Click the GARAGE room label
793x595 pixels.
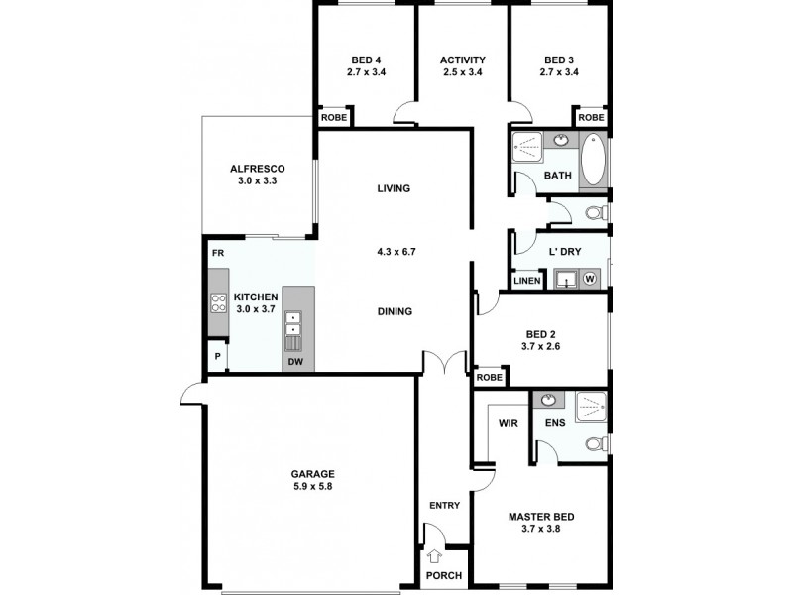pyautogui.click(x=312, y=474)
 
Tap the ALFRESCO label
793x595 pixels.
pyautogui.click(x=258, y=169)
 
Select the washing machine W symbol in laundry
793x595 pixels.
pyautogui.click(x=590, y=279)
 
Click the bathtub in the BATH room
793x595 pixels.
pyautogui.click(x=592, y=161)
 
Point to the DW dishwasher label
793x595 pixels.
pyautogui.click(x=294, y=362)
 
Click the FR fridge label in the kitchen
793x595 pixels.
pyautogui.click(x=216, y=254)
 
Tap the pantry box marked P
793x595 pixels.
pyautogui.click(x=216, y=356)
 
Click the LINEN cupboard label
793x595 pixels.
pyautogui.click(x=527, y=282)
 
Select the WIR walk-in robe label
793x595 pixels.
pyautogui.click(x=509, y=423)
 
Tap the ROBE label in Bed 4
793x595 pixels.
pyautogui.click(x=331, y=117)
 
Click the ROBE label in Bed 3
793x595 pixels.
pyautogui.click(x=591, y=117)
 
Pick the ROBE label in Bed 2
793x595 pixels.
pyautogui.click(x=490, y=377)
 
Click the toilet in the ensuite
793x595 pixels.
pyautogui.click(x=595, y=443)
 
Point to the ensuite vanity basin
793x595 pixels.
pyautogui.click(x=548, y=400)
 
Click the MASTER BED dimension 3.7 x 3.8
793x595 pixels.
pyautogui.click(x=542, y=532)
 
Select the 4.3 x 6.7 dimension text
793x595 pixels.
pyautogui.click(x=395, y=252)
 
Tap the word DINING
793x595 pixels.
pyautogui.click(x=395, y=311)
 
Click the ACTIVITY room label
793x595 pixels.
pyautogui.click(x=463, y=59)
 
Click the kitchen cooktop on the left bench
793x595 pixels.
pyautogui.click(x=218, y=302)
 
